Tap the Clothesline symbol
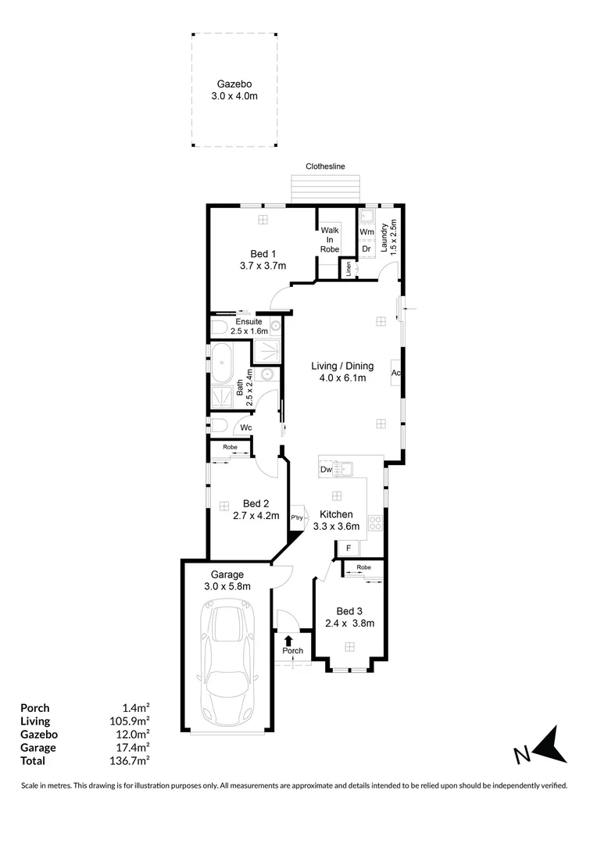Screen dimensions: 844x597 click(325, 188)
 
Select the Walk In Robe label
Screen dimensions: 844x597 click(329, 239)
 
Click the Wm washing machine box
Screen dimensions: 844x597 click(366, 232)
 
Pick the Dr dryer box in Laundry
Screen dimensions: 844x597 click(366, 249)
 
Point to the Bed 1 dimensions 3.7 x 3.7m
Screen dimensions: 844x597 click(263, 266)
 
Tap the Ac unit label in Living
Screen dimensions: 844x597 click(396, 372)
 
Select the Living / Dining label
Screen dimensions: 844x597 click(342, 366)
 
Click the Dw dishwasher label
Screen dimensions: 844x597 click(325, 470)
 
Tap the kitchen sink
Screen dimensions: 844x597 click(342, 470)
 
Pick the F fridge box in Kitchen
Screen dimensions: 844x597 click(348, 549)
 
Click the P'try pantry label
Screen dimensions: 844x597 click(297, 518)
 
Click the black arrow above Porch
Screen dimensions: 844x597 click(288, 641)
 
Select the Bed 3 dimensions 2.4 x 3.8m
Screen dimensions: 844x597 click(350, 624)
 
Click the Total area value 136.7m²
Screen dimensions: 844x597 click(130, 760)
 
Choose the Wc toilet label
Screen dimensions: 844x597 click(245, 427)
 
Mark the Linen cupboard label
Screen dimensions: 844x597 click(348, 268)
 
